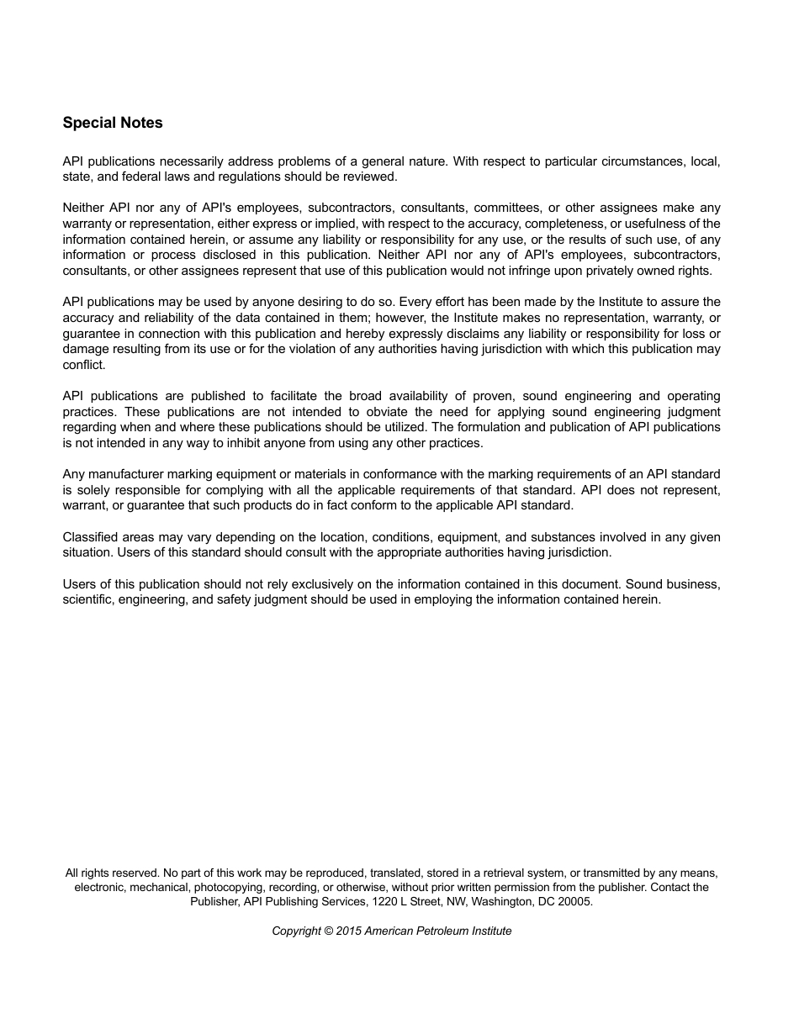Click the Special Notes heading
(x=113, y=123)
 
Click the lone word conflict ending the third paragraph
(x=83, y=365)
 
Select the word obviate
(x=386, y=412)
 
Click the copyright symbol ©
(x=328, y=931)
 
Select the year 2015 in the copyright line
(x=348, y=931)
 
